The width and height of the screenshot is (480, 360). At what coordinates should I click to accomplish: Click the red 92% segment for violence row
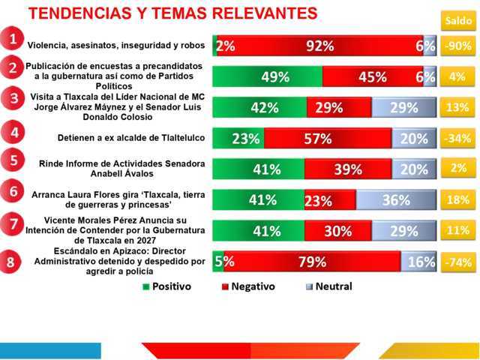point(320,46)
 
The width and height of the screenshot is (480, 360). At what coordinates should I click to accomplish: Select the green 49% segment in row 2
point(268,76)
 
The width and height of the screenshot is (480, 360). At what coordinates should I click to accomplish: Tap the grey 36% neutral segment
point(395,200)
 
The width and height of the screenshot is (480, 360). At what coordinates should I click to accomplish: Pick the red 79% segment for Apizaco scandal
point(311,262)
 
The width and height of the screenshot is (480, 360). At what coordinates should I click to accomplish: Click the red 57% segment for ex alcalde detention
point(327,138)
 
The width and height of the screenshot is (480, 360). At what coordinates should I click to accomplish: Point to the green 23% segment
point(238,138)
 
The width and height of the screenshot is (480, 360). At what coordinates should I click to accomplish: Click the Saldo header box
point(457,20)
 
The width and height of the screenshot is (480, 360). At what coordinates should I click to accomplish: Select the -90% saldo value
point(457,46)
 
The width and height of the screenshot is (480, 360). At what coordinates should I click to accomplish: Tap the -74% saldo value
point(457,262)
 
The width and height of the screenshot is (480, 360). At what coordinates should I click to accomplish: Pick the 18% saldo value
point(457,199)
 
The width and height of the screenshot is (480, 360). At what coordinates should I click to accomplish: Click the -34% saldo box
point(457,138)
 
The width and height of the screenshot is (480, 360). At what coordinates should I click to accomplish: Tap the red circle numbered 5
point(10,160)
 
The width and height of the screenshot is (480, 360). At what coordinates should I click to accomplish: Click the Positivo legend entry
point(166,286)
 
